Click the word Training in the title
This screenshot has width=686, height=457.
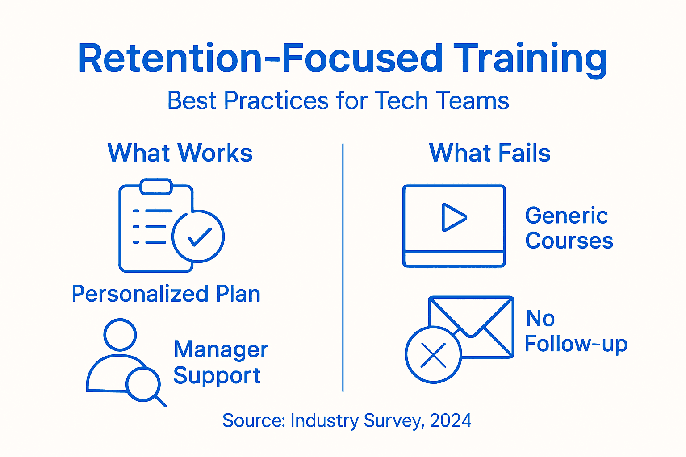(530, 59)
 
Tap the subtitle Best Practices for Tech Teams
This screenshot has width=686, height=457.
(338, 101)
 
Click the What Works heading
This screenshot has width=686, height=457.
(180, 153)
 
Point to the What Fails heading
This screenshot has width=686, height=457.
(489, 153)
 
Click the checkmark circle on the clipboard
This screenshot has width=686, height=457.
(198, 237)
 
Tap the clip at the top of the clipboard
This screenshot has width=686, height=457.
(156, 187)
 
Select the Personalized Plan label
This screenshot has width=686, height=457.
(166, 294)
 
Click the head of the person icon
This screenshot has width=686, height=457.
(120, 335)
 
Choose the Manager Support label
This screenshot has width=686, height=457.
(221, 362)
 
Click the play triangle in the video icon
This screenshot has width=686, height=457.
(453, 217)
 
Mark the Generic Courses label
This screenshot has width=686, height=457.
(569, 228)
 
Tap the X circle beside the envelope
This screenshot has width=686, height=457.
(433, 355)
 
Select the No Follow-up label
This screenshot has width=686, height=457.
(576, 331)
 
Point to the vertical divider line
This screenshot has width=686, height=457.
(343, 268)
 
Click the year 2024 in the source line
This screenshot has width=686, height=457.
(450, 420)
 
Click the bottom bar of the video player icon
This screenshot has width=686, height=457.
(454, 259)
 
